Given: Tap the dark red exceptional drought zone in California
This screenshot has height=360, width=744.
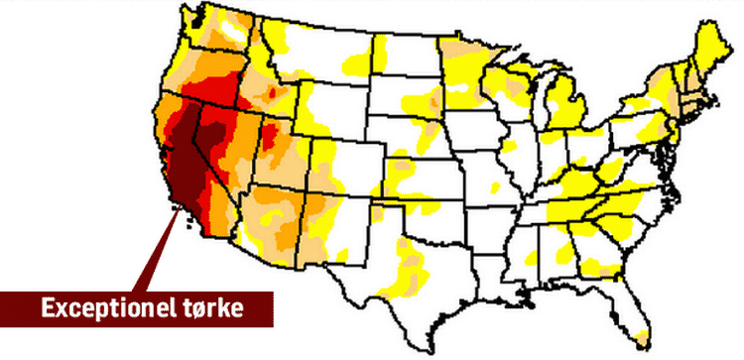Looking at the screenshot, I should [184, 149].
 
